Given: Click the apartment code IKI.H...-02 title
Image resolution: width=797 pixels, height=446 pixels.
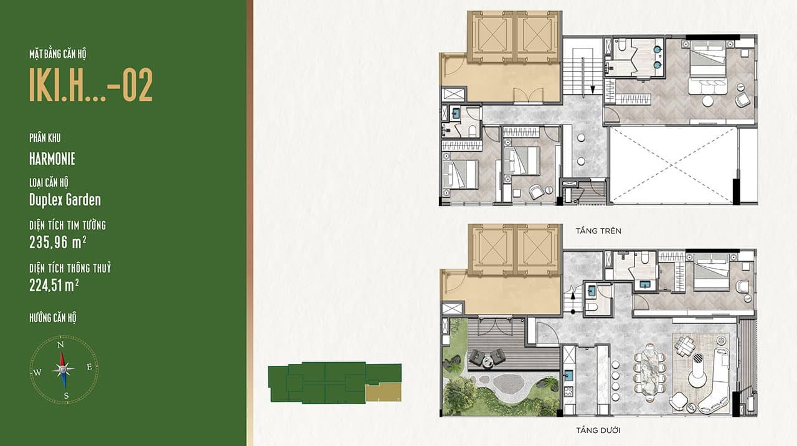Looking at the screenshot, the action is [91, 85].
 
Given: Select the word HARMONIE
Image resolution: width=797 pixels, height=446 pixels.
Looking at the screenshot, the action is [52, 159].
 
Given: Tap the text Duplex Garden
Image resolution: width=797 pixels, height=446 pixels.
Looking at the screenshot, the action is [65, 200].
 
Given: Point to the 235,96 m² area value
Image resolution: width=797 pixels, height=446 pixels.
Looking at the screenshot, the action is [58, 243].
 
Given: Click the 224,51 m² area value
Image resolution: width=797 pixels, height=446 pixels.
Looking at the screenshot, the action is [54, 285].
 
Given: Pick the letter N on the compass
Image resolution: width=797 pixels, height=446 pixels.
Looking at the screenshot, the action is [60, 345].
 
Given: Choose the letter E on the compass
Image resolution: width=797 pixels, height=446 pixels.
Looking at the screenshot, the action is [89, 367].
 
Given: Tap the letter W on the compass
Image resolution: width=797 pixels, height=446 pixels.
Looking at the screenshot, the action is [37, 372].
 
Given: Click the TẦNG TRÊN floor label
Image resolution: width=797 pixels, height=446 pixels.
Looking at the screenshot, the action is [598, 231].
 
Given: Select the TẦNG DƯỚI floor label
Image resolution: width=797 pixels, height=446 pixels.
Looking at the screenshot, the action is [598, 430].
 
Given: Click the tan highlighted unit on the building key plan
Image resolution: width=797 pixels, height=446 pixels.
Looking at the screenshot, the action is [384, 392].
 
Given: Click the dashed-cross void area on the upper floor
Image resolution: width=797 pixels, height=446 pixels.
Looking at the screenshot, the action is [672, 165].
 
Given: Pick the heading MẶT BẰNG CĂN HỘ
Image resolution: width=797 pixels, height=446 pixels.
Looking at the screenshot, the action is [58, 54].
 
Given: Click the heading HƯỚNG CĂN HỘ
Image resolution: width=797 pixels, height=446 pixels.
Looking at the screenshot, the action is [53, 318].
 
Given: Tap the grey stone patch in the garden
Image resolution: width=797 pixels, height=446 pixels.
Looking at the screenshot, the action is [509, 383].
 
